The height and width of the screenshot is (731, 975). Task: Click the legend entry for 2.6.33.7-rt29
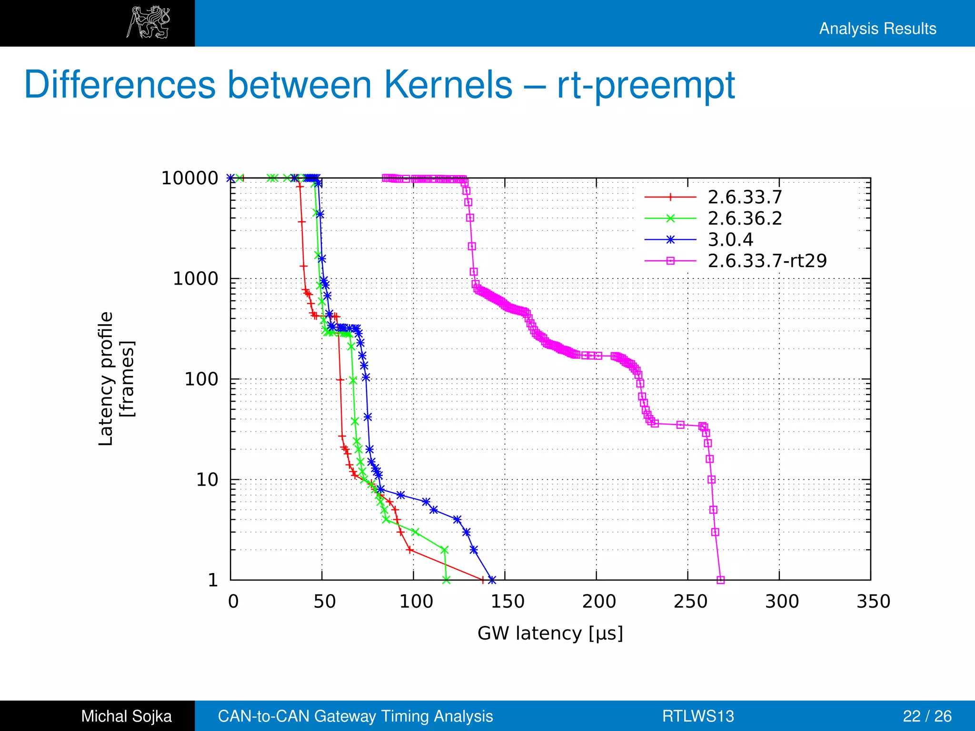pos(766,261)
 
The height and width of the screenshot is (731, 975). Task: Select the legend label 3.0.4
pos(730,239)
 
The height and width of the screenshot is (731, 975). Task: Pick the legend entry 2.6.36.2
pos(745,218)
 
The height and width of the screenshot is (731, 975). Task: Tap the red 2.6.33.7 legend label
pos(745,197)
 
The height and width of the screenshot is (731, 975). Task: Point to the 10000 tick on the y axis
pos(189,178)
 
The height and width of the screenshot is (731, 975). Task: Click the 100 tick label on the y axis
pos(201,379)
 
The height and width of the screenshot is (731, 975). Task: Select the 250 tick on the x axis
pos(690,602)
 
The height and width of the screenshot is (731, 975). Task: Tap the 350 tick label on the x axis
pos(873,602)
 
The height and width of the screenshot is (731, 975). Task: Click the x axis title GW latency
pos(550,633)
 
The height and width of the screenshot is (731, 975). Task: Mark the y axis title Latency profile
pos(106,379)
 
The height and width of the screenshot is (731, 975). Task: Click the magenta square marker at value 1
pos(720,580)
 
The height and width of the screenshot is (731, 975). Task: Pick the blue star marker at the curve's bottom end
pos(492,580)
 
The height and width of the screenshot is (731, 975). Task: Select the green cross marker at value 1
pos(446,580)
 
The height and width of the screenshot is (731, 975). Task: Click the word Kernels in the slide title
pos(448,85)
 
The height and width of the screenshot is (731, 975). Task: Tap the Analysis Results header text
pos(877,29)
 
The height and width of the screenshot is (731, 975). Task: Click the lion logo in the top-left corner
pos(148,22)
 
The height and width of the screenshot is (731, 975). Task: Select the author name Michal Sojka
pos(126,716)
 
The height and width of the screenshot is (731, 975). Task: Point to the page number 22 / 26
pos(927,716)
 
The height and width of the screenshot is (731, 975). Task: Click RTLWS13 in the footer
pos(698,716)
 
